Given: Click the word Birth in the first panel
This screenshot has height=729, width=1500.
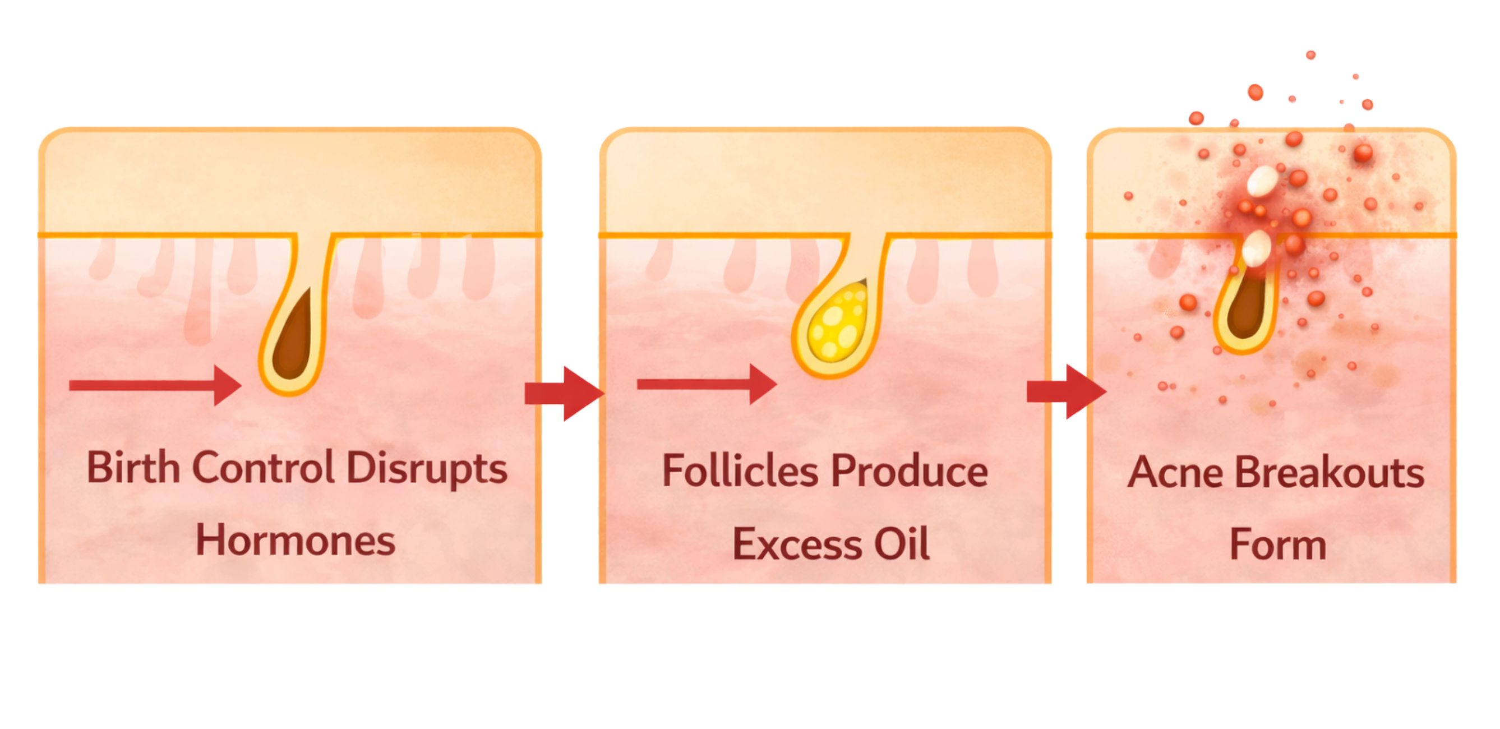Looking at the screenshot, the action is pyautogui.click(x=133, y=467).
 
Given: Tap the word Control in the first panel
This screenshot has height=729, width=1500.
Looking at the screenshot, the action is pyautogui.click(x=264, y=467).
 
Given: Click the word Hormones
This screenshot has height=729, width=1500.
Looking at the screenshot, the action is pyautogui.click(x=295, y=541).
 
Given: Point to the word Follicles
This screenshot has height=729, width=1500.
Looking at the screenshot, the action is pyautogui.click(x=740, y=470).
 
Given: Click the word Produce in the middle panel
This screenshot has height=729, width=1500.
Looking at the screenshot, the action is pyautogui.click(x=910, y=470).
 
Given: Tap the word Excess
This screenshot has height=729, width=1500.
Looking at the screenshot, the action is pyautogui.click(x=797, y=545).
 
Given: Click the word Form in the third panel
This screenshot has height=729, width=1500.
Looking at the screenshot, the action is pyautogui.click(x=1278, y=545).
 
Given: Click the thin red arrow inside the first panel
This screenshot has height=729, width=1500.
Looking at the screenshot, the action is pyautogui.click(x=155, y=385).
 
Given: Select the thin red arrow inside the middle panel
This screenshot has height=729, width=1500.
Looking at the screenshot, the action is pyautogui.click(x=707, y=384).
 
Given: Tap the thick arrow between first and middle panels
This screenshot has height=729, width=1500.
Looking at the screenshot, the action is pyautogui.click(x=564, y=393).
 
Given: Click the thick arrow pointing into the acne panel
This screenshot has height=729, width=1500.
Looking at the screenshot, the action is pyautogui.click(x=1067, y=391).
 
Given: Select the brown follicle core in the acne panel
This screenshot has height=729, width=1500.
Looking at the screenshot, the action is pyautogui.click(x=1247, y=307).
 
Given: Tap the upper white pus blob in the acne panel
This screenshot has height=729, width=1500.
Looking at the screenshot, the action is pyautogui.click(x=1262, y=181).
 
